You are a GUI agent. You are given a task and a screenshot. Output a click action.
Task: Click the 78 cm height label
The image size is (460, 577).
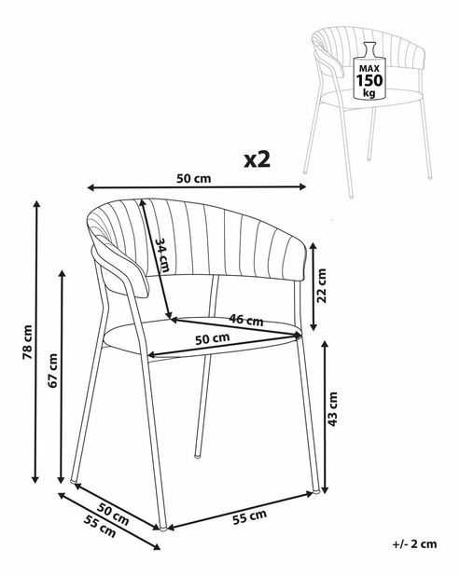coord(28,342)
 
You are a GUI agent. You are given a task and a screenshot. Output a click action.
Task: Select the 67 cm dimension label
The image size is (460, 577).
coord(53,371)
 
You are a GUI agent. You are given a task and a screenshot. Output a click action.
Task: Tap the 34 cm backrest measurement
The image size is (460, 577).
coord(162,254)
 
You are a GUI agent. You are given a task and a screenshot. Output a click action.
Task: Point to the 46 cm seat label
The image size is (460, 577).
coord(246,319)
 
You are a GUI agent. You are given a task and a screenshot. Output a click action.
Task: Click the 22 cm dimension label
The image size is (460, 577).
coord(322,285)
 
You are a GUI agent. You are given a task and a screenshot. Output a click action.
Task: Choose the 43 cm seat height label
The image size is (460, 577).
coord(332,409)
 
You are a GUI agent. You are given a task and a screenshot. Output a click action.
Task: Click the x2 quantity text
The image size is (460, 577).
coord(258,160)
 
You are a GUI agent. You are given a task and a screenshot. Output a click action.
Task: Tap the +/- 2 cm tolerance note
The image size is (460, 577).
coord(414,544)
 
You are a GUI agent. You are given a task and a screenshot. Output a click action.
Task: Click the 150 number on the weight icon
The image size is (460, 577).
coord(369,80)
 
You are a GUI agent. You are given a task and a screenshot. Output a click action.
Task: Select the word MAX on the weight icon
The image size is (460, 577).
coord(369,68)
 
